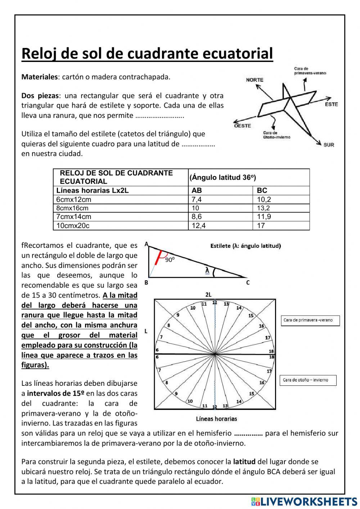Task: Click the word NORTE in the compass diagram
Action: pos(255,80)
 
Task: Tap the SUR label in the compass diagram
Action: pos(329,144)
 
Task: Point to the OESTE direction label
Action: pos(242,126)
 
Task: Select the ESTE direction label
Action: pos(332,104)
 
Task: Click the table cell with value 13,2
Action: pos(264,208)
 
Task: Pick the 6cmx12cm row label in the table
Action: pos(74,200)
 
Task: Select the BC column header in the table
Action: pos(262,191)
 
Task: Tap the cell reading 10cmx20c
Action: pos(73,226)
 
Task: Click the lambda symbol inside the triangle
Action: pos(207,270)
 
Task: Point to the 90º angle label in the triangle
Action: pos(170,260)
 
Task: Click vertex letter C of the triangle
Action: pos(248,283)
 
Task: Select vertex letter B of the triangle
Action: pos(146,283)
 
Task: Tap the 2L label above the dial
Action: pos(208,295)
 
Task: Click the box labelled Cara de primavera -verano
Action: pos(310,320)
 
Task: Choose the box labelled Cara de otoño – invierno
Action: pos(308,380)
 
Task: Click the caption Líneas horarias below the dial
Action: pos(216,419)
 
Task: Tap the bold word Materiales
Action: pos(40,77)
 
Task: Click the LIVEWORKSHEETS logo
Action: pos(304,501)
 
